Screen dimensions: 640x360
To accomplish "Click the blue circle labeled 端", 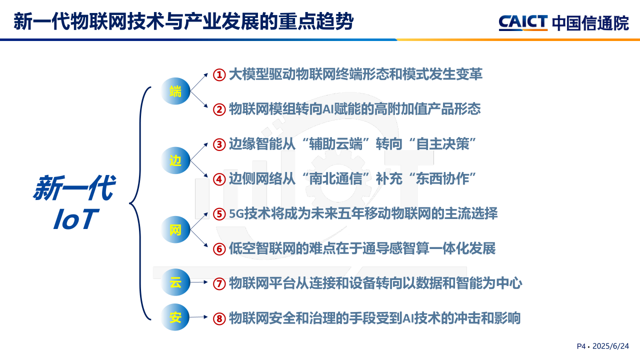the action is pyautogui.click(x=175, y=91).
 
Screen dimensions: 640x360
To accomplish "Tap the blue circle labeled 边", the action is pyautogui.click(x=175, y=160).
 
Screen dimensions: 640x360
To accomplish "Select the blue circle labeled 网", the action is pyautogui.click(x=175, y=229).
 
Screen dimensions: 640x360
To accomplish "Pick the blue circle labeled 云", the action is pyautogui.click(x=175, y=282).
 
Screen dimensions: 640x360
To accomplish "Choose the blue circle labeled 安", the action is pyautogui.click(x=175, y=317).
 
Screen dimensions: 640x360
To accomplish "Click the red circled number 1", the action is pyautogui.click(x=219, y=75).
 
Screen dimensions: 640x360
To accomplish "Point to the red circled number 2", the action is pyautogui.click(x=219, y=109).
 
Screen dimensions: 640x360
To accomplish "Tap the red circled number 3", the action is pyautogui.click(x=219, y=144).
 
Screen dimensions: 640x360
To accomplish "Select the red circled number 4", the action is pyautogui.click(x=219, y=179).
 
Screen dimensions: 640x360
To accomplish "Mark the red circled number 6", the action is pyautogui.click(x=219, y=249).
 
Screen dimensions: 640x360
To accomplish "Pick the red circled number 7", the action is pyautogui.click(x=219, y=284).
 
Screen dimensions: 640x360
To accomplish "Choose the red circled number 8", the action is pyautogui.click(x=219, y=319).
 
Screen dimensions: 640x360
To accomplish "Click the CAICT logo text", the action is pyautogui.click(x=523, y=22).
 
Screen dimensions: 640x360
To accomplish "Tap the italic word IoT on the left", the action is pyautogui.click(x=76, y=219).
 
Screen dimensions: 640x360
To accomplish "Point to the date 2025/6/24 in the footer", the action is pyautogui.click(x=610, y=346).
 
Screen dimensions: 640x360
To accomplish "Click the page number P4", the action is pyautogui.click(x=581, y=346).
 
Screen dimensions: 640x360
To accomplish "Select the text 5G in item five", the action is pyautogui.click(x=236, y=213).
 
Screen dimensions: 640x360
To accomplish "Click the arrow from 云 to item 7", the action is pyautogui.click(x=199, y=282).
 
